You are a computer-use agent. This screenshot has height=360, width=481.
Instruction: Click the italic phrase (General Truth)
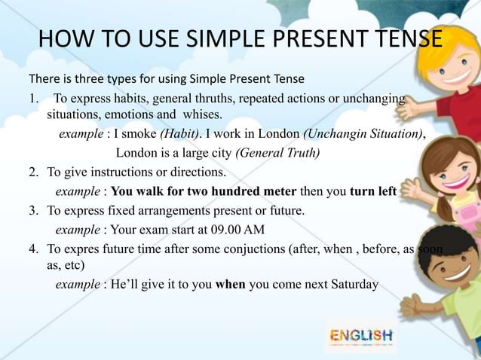tap(278, 154)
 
